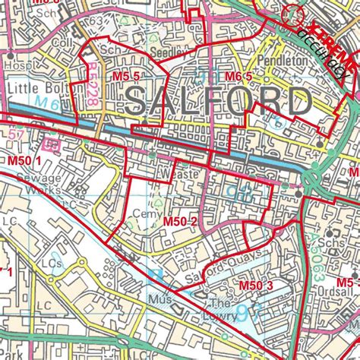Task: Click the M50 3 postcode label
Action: click(256, 286)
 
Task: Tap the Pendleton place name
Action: click(281, 59)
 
